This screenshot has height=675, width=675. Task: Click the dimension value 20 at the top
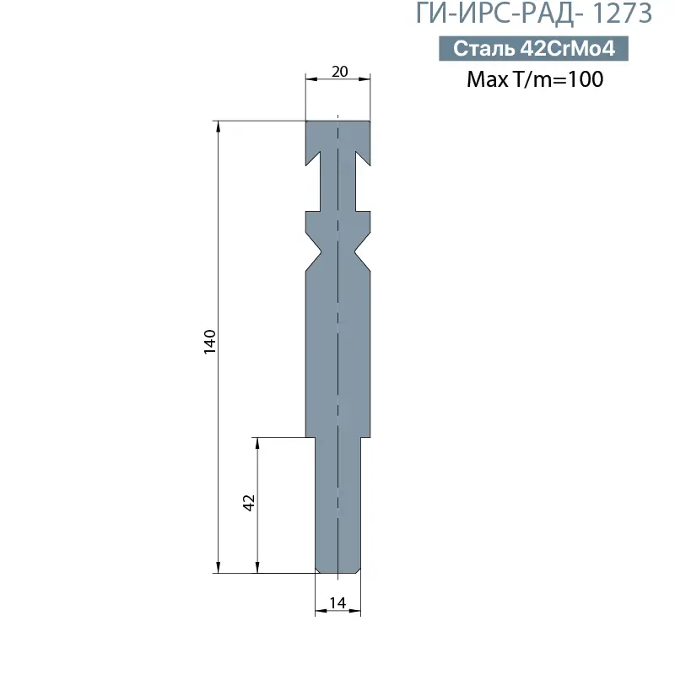pyautogui.click(x=339, y=72)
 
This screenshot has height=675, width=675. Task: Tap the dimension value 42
pyautogui.click(x=249, y=503)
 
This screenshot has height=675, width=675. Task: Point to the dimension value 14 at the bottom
pyautogui.click(x=337, y=602)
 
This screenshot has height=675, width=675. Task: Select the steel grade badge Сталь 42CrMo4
pyautogui.click(x=532, y=49)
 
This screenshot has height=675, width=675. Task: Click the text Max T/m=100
pyautogui.click(x=535, y=80)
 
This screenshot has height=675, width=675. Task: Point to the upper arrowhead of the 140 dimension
pyautogui.click(x=219, y=127)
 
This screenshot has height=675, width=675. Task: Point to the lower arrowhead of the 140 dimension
pyautogui.click(x=219, y=567)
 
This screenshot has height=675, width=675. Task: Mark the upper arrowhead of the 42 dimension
pyautogui.click(x=258, y=443)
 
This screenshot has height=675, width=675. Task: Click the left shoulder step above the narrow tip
pyautogui.click(x=310, y=437)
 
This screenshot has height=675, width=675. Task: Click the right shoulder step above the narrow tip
pyautogui.click(x=365, y=437)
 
